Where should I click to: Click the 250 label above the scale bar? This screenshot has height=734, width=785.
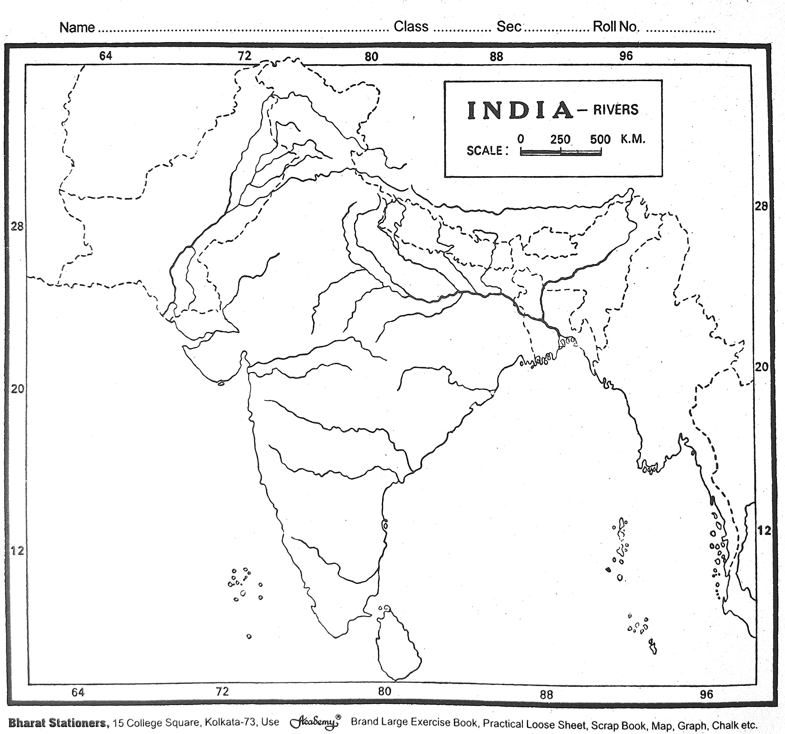560,139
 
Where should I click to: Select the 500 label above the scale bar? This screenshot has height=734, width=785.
600,139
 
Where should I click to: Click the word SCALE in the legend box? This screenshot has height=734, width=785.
485,151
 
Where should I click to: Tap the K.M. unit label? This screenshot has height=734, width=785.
633,139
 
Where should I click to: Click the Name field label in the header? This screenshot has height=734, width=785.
77,27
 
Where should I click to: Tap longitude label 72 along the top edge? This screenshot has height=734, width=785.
244,56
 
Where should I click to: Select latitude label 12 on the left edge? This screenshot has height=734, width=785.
17,550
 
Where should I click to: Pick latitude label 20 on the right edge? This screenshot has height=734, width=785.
762,367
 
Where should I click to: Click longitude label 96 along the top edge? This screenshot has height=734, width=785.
626,56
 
